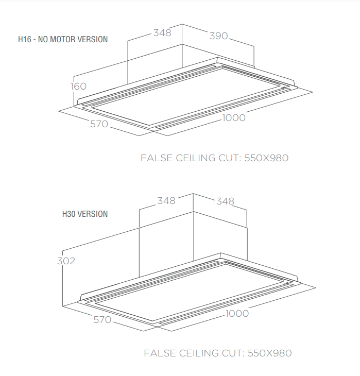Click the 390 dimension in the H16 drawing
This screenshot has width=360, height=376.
click(x=218, y=36)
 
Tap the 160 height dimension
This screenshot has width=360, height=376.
click(x=78, y=87)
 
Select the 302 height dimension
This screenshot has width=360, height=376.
click(x=66, y=261)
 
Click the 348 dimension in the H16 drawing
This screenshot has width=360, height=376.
click(x=162, y=33)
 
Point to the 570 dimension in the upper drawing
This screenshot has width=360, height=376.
click(x=99, y=124)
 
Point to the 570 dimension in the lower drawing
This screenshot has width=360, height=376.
click(x=102, y=320)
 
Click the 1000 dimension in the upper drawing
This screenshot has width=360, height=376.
click(x=234, y=118)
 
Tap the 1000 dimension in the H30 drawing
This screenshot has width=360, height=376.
click(x=237, y=313)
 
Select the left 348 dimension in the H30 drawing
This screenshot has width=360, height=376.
click(x=166, y=201)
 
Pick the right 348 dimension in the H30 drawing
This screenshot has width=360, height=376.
click(x=225, y=201)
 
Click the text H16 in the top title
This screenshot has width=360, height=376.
click(x=25, y=39)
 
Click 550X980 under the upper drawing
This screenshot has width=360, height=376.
click(x=266, y=158)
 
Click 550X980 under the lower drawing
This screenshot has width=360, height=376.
click(x=270, y=353)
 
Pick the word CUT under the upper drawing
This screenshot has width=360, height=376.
click(x=230, y=158)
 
